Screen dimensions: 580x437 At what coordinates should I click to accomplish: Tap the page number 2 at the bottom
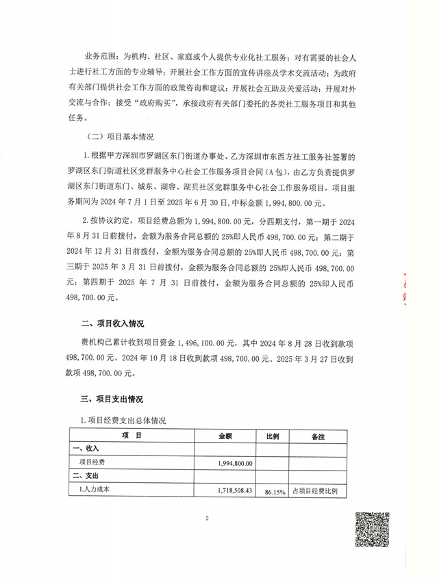[206, 518]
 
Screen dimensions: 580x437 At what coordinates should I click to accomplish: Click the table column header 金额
[226, 435]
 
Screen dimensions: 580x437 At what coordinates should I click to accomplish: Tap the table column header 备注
[318, 435]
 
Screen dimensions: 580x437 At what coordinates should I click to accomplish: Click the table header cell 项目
[132, 435]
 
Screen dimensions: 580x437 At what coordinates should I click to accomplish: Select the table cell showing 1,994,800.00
[232, 463]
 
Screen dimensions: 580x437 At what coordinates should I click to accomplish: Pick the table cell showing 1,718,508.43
[232, 490]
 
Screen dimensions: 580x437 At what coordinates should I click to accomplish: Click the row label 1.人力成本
[95, 490]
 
